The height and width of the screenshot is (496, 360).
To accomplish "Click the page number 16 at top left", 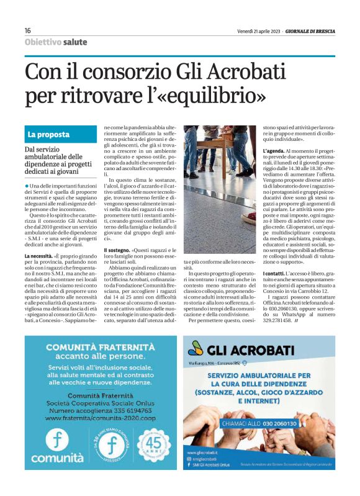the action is click(28, 31).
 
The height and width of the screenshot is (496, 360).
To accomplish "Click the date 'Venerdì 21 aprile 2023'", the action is click(258, 31).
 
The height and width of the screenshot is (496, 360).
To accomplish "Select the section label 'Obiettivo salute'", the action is click(56, 42).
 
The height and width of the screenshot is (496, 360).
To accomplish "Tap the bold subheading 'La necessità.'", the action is click(38, 256).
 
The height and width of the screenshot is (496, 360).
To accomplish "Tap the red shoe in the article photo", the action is click(248, 217).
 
